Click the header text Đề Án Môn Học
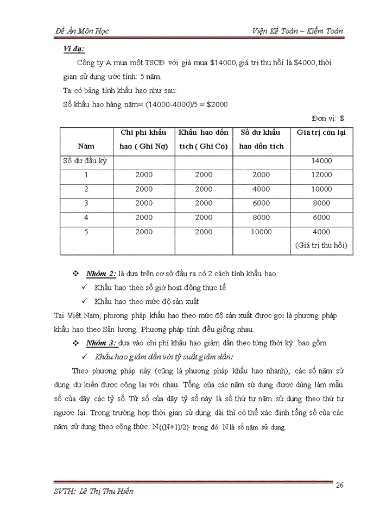pos(83,31)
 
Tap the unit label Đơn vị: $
pos(328,117)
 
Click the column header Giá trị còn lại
pos(321,132)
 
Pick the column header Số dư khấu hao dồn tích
pos(262,139)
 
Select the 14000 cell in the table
pos(321,160)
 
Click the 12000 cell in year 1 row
pos(321,175)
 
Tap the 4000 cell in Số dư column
pos(261,189)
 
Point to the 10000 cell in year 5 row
pos(261,232)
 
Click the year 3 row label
pos(86,203)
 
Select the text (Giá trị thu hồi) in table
pos(321,245)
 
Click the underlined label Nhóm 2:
pos(102,274)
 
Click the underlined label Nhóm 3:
pos(102,344)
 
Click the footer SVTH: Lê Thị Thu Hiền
pos(94,491)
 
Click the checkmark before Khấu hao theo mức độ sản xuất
pos(85,301)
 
